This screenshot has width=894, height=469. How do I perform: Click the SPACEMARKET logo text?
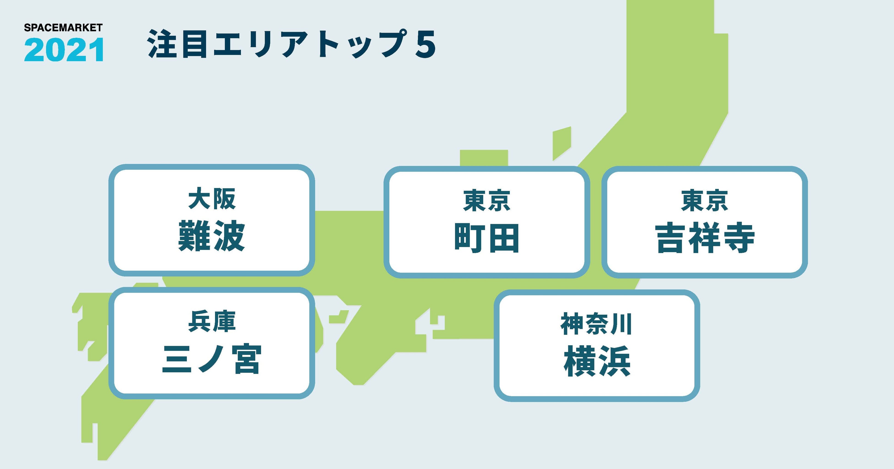tap(63, 28)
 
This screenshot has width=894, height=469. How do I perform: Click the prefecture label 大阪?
tap(212, 199)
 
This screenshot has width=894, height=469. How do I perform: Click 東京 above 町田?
tap(487, 201)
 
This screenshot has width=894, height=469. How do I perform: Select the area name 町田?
tap(487, 238)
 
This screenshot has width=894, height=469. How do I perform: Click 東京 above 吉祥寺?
tap(704, 200)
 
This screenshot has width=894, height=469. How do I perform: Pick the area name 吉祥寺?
tap(704, 238)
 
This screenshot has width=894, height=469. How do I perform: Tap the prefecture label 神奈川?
tap(596, 324)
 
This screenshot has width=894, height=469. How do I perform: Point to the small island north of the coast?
tap(562, 143)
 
